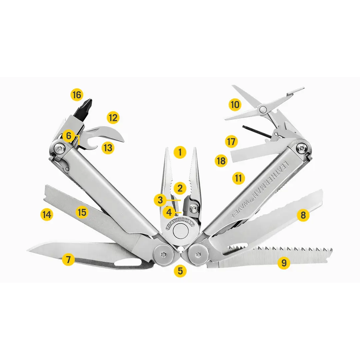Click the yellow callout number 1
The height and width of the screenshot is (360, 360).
click(180, 152)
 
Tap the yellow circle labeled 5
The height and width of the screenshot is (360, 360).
click(180, 271)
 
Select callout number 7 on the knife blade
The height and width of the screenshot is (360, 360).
click(68, 260)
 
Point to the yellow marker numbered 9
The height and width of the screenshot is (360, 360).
click(284, 262)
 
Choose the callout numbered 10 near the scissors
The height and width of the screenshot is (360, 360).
click(235, 105)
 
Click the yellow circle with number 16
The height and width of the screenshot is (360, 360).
click(77, 95)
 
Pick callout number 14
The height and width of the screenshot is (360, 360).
click(47, 215)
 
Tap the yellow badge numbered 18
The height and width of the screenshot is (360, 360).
click(221, 161)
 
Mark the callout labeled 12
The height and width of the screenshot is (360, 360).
click(113, 118)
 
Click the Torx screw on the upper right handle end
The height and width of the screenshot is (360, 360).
click(303, 148)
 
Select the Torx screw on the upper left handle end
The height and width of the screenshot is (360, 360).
click(60, 149)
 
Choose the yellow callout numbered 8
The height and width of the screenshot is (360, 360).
click(303, 215)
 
